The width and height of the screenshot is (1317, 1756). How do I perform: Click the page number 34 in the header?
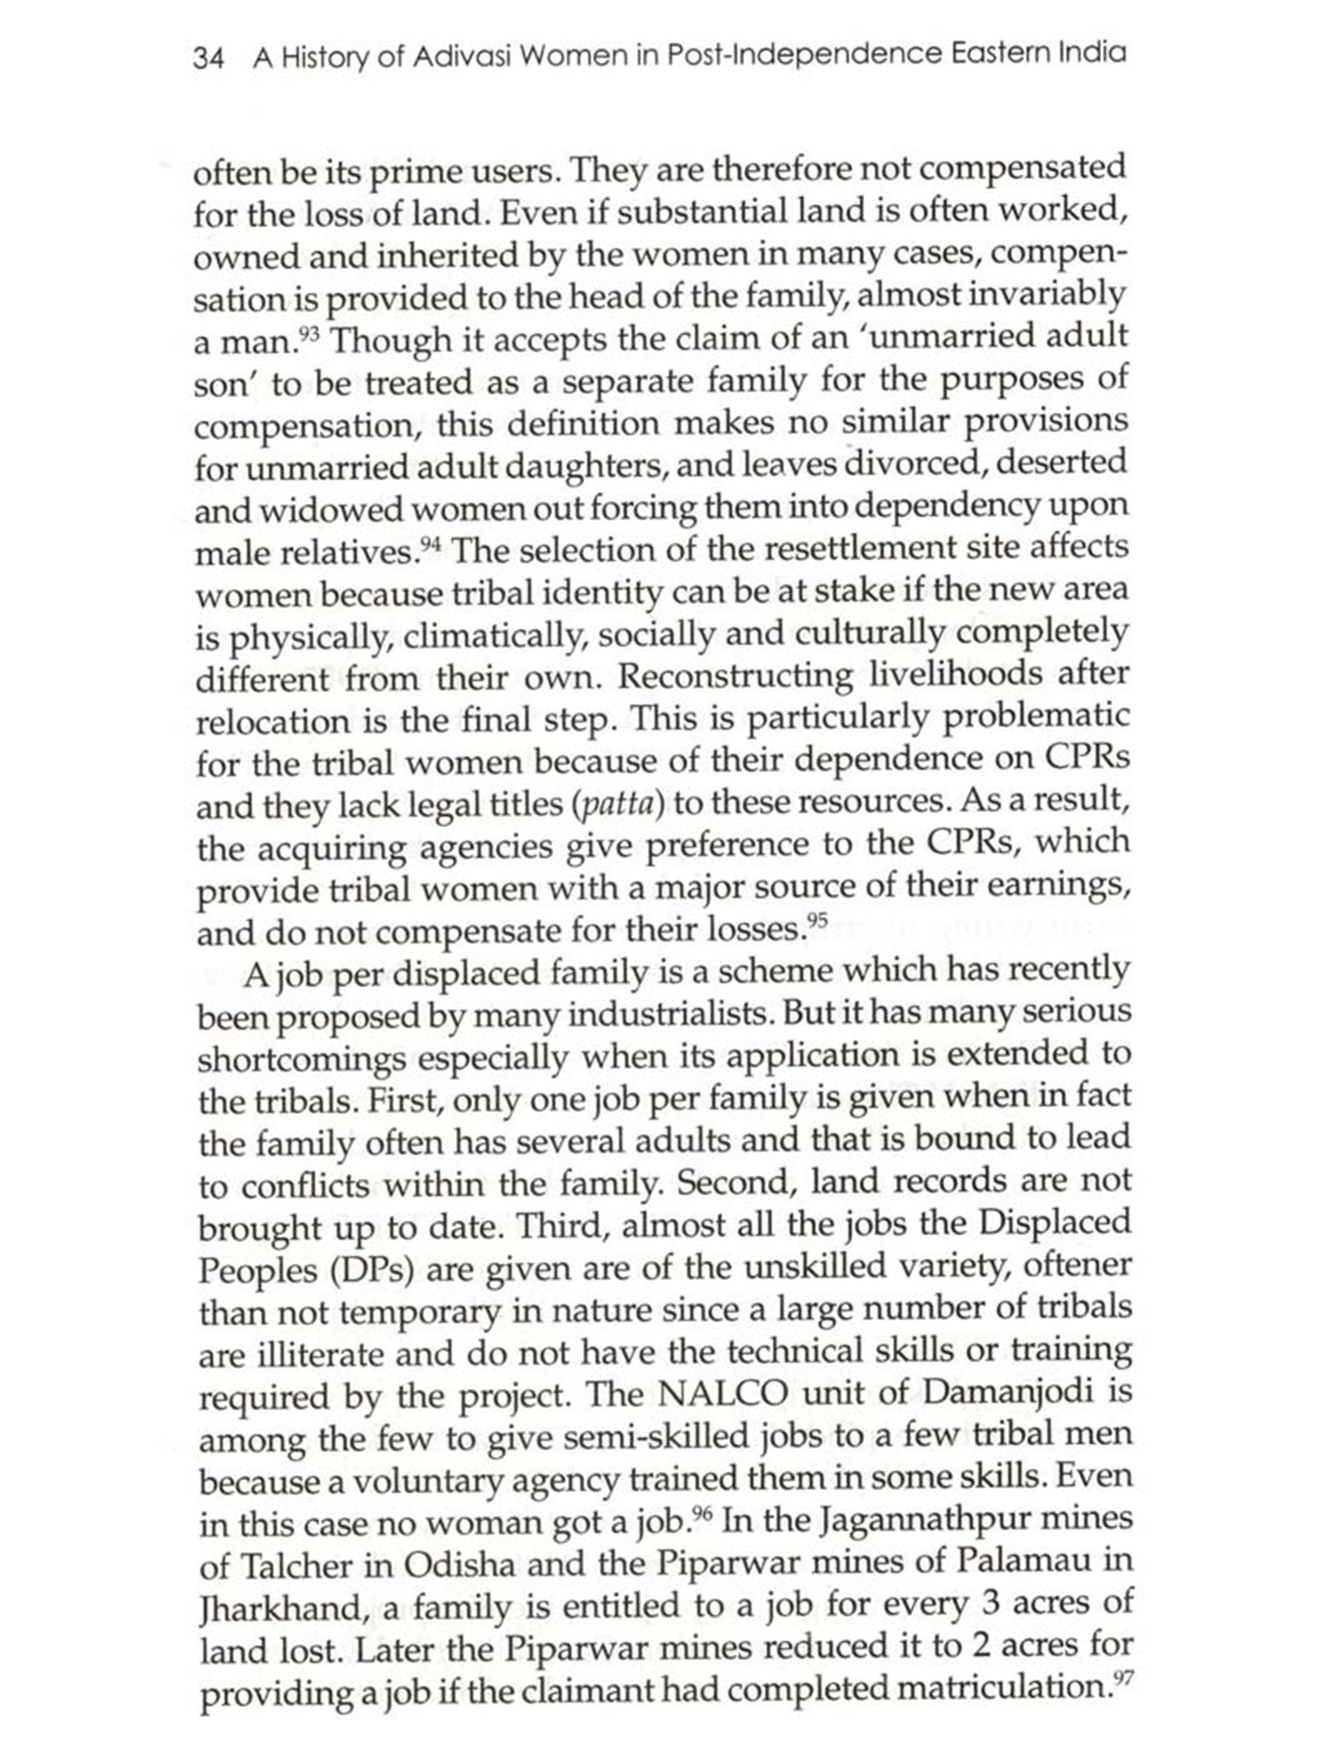pos(209,59)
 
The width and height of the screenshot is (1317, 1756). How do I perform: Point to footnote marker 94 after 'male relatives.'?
pos(428,545)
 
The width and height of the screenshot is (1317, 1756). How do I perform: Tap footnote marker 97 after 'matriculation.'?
pos(1121,1677)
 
